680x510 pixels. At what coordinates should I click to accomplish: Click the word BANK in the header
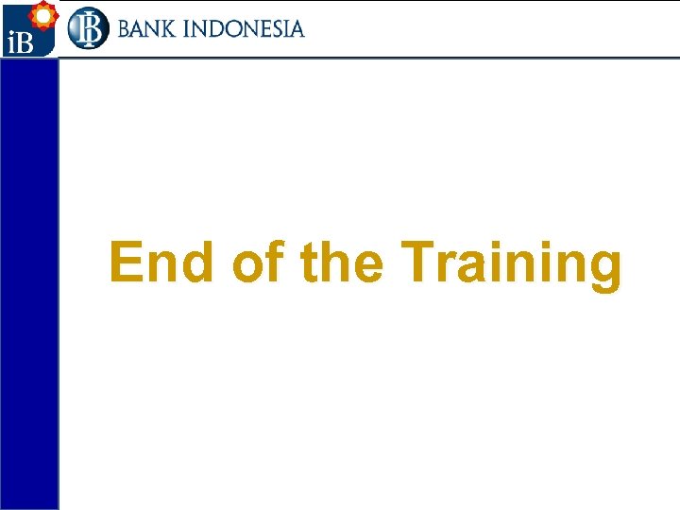pyautogui.click(x=147, y=29)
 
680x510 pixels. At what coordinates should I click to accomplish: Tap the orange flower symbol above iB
pyautogui.click(x=42, y=15)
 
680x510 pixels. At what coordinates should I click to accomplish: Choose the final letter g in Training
pyautogui.click(x=604, y=268)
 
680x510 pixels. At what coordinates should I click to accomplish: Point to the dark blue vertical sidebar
pyautogui.click(x=29, y=283)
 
